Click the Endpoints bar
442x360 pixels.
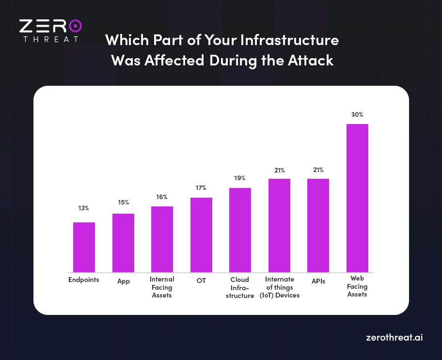tap(84, 247)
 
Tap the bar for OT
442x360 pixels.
tap(201, 235)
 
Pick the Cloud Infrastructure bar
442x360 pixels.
tap(240, 230)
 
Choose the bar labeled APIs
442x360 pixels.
tap(318, 225)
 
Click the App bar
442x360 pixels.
tap(123, 243)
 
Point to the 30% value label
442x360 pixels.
tap(357, 115)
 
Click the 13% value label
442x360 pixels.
tap(84, 208)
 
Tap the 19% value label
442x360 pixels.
tap(240, 178)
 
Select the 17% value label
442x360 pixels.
tap(201, 188)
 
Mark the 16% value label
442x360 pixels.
tap(162, 197)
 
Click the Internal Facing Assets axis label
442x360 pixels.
tap(162, 287)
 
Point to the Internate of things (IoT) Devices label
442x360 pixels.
tap(279, 287)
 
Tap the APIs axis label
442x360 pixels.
tap(318, 281)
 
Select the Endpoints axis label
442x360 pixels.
tap(84, 280)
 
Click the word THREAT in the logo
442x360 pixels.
tap(50, 39)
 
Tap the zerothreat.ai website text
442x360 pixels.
tap(394, 338)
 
